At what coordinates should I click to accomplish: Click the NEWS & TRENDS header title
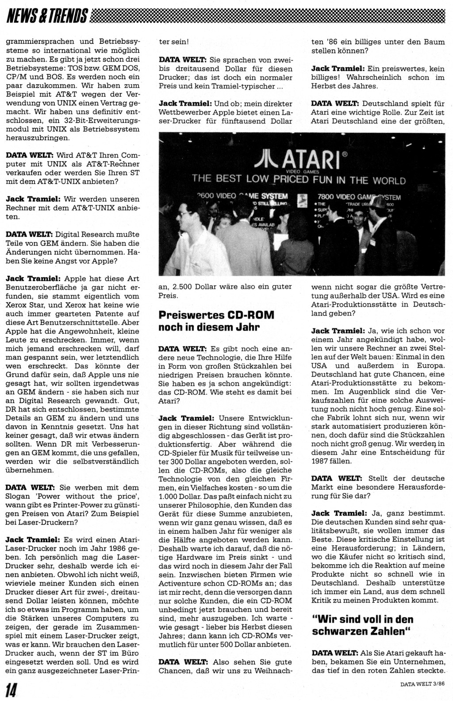coord(47,17)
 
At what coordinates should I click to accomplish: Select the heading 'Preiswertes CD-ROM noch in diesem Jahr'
coord(216,321)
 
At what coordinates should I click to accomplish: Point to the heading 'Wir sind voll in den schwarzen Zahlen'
coord(363,624)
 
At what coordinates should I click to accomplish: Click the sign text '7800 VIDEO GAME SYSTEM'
coord(359,197)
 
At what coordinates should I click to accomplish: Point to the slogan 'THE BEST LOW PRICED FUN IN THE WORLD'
coord(299,180)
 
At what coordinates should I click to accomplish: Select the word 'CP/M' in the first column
coord(15,77)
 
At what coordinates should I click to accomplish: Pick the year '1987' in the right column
coord(322,461)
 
